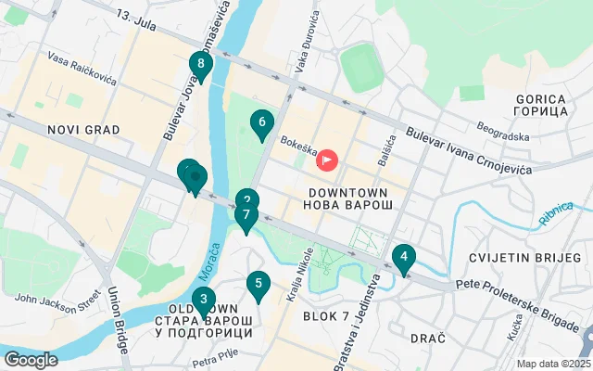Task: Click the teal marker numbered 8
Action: coord(200,65)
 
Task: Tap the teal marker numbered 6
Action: coord(262,122)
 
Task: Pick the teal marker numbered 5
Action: coord(258,285)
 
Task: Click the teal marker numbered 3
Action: coord(203,300)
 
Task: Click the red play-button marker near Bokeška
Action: coord(327,160)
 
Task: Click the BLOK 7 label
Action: coord(325,315)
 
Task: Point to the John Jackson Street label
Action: coord(57,301)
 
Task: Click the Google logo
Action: coord(31,359)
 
